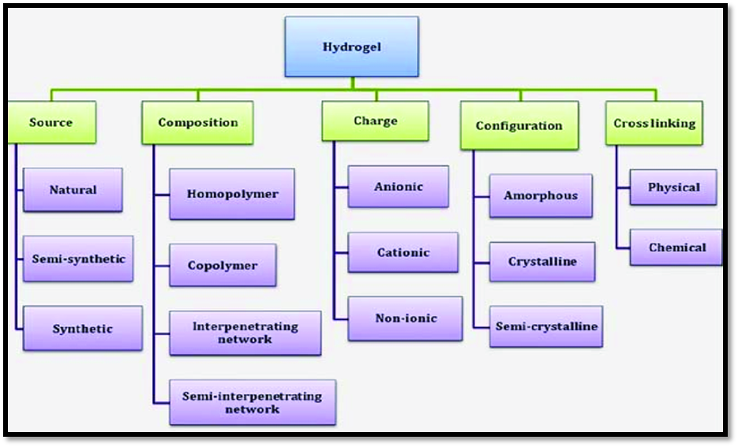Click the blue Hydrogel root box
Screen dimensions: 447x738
(351, 47)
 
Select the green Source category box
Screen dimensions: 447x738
(52, 122)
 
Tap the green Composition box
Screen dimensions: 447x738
(197, 122)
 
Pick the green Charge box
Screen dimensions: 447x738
(375, 121)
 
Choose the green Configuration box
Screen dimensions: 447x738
(519, 125)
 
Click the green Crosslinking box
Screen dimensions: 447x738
(654, 123)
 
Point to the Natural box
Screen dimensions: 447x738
(73, 190)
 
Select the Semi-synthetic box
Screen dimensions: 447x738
(78, 259)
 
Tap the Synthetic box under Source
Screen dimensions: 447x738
(82, 328)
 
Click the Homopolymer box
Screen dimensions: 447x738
(232, 194)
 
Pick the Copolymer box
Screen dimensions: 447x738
(223, 265)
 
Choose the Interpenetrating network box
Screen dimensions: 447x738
(245, 332)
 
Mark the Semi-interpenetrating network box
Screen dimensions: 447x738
(252, 402)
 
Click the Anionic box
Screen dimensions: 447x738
(398, 187)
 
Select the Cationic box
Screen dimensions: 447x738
(403, 252)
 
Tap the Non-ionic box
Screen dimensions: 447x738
(405, 318)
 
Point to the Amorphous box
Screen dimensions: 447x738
(540, 196)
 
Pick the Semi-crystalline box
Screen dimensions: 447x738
(545, 326)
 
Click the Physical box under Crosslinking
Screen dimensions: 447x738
(673, 188)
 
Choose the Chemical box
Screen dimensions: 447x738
(676, 248)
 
